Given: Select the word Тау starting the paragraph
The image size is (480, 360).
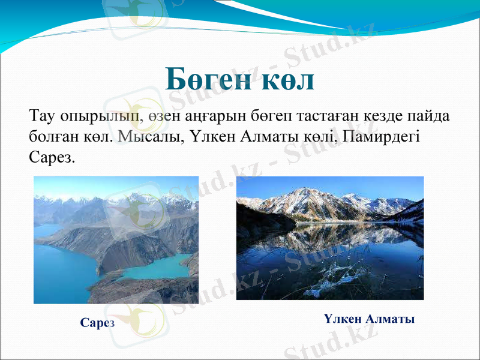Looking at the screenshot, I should pos(41,115).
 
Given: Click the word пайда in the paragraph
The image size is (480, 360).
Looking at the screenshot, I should pos(427,115).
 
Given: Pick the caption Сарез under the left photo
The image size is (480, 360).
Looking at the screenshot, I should pos(97,323).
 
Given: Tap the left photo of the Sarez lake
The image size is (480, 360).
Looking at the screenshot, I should pos(116,239).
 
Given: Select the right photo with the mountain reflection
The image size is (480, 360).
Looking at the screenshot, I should pos(330,238).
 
